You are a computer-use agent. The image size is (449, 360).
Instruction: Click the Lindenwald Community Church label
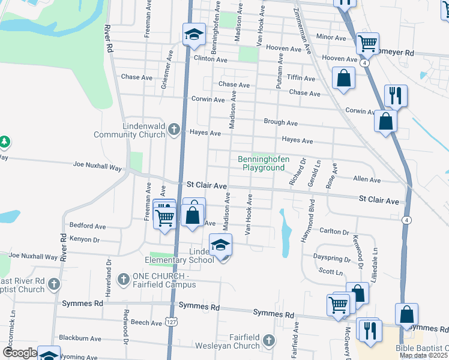[129, 131]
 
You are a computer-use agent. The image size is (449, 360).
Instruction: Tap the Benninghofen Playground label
[264, 163]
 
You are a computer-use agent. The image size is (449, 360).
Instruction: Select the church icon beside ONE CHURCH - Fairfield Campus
[123, 279]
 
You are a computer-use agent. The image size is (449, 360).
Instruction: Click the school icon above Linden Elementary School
[221, 245]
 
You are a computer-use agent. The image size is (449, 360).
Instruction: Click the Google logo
[20, 352]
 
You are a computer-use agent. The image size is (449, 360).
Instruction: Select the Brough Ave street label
[281, 122]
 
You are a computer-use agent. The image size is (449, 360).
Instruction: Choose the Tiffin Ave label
[301, 79]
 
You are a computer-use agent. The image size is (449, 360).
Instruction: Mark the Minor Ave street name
[331, 37]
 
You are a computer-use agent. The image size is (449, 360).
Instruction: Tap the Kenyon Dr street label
[84, 239]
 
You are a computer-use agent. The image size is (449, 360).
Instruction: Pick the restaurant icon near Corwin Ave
[396, 95]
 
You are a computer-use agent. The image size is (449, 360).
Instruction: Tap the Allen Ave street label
[367, 179]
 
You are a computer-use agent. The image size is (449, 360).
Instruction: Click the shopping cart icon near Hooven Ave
[367, 43]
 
